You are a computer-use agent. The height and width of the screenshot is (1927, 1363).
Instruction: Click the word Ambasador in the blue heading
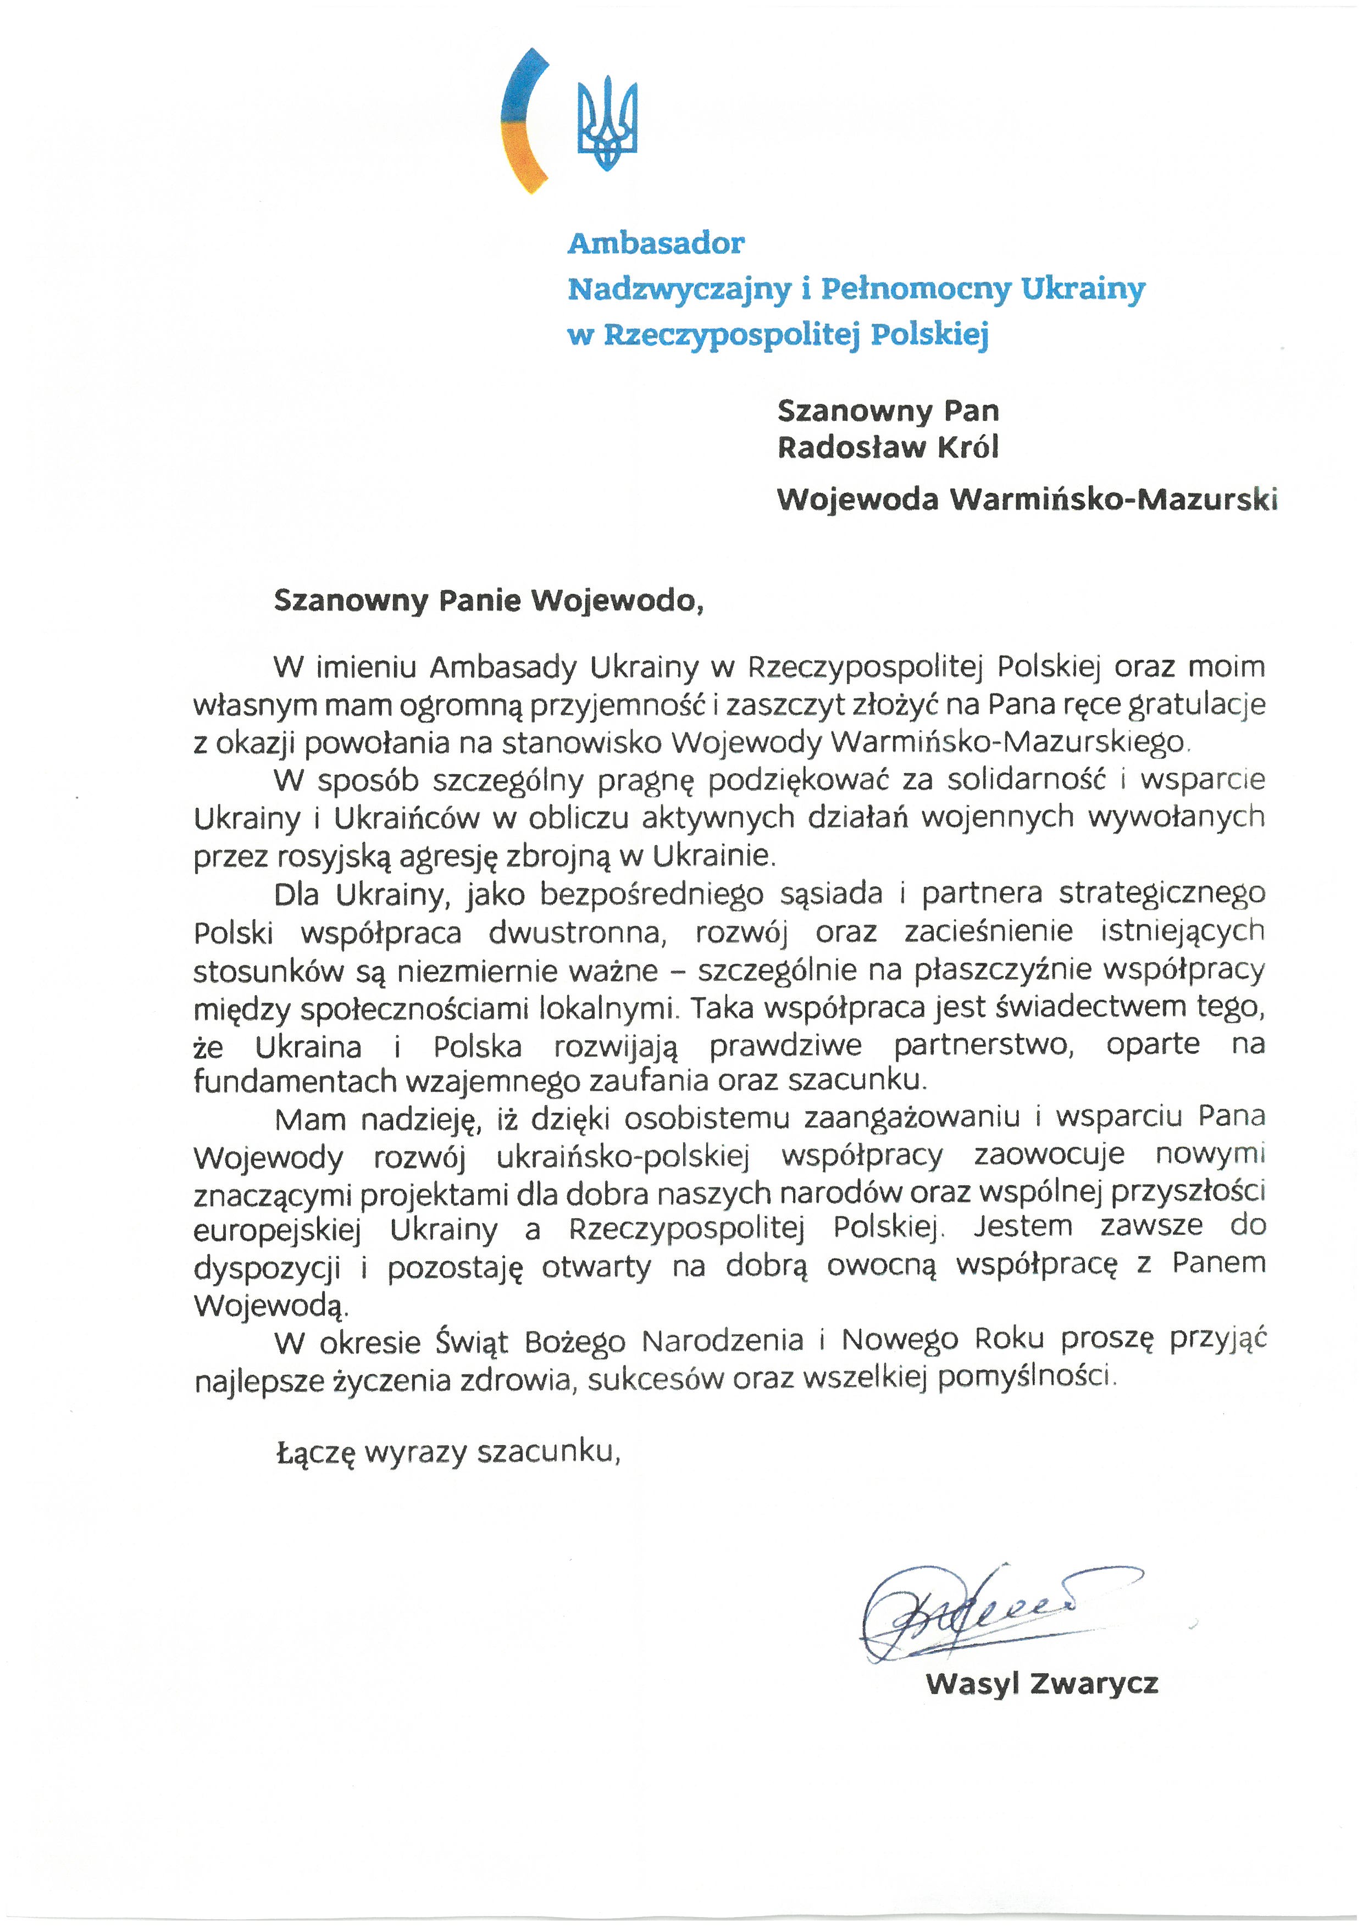[656, 243]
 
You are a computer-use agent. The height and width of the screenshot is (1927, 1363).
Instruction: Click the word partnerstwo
[983, 1045]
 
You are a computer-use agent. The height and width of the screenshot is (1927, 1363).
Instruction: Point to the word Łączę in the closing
[317, 1452]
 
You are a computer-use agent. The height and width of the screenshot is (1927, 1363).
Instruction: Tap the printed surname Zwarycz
[1094, 1684]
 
